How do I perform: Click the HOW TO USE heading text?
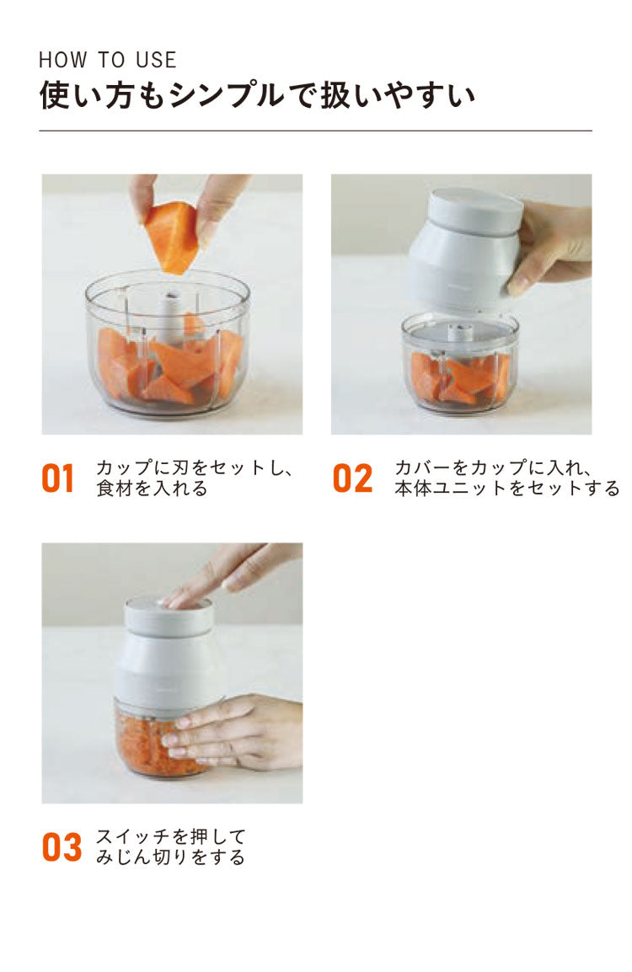tap(108, 60)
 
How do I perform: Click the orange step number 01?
tap(58, 478)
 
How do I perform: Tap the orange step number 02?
tap(352, 478)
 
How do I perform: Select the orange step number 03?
tap(62, 847)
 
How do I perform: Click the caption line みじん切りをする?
tap(171, 857)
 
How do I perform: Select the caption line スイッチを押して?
tap(171, 836)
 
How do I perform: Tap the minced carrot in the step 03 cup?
tap(143, 741)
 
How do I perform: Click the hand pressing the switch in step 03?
tap(228, 573)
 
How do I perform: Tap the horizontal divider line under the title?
tap(315, 131)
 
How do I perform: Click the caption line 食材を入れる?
tap(152, 489)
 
